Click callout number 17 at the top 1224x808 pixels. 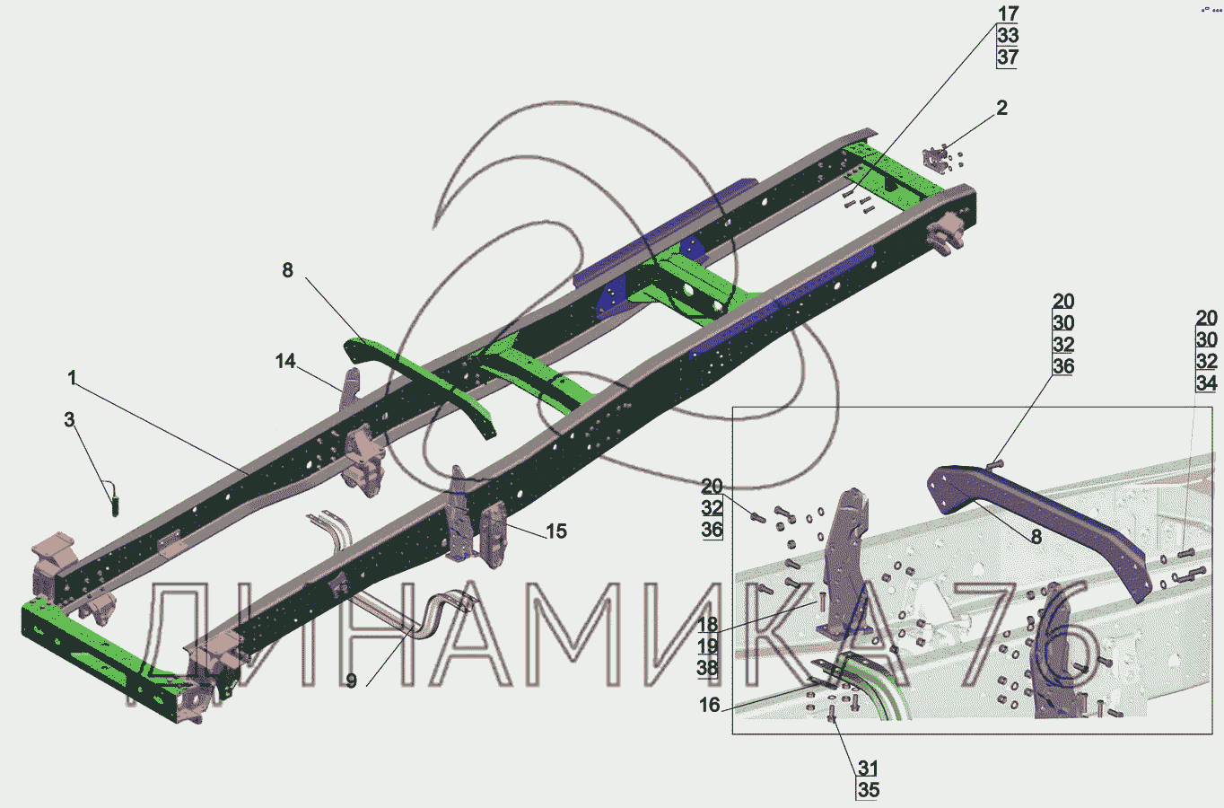1008,13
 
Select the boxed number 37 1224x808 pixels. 1008,57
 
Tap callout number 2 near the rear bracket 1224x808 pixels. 1001,108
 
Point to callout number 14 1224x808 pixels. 285,361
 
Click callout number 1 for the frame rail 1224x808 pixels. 72,378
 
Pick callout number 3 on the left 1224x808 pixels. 69,420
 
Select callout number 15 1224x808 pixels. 556,531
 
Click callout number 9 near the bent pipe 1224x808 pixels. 352,681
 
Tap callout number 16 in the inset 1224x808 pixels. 710,705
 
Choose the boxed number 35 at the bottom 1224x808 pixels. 869,790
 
